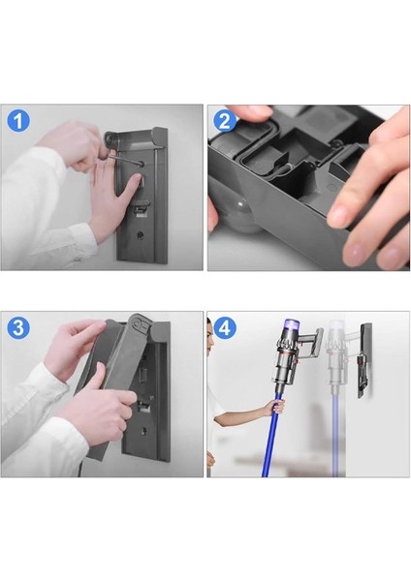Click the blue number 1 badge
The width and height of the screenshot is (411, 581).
click(18, 121)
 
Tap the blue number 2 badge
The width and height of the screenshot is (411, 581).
click(225, 121)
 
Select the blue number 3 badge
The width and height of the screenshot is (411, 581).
click(18, 327)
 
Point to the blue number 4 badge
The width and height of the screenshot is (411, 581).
click(225, 327)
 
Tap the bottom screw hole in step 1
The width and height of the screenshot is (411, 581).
click(140, 235)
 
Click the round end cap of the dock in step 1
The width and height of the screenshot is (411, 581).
click(111, 138)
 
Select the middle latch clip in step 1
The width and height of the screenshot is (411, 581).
click(141, 206)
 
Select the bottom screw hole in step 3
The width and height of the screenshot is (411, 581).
click(143, 431)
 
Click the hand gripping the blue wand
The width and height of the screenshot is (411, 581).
click(276, 408)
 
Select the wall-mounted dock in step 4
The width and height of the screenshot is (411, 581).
click(364, 360)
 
